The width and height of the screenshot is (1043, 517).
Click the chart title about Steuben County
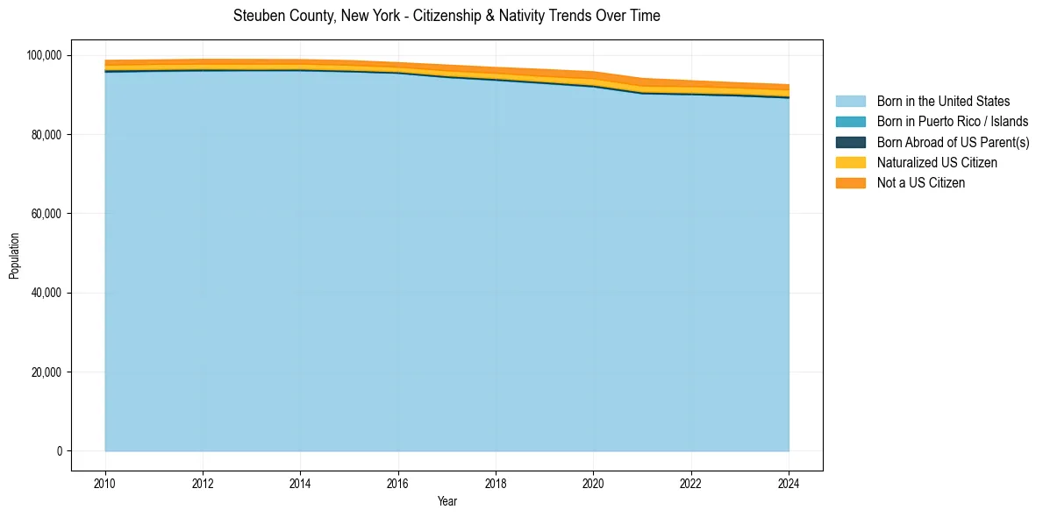tap(446, 16)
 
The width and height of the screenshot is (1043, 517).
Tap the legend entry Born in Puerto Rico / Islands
tap(953, 122)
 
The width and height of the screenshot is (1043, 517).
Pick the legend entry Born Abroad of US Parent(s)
tap(953, 142)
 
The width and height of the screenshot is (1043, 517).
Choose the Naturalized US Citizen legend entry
tap(937, 163)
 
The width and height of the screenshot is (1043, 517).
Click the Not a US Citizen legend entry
tap(921, 183)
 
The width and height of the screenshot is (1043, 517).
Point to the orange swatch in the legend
tap(850, 183)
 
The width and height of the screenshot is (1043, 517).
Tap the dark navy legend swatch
tap(850, 142)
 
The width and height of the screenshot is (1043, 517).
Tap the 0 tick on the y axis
tap(60, 451)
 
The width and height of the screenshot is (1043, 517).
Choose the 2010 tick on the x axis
tap(105, 483)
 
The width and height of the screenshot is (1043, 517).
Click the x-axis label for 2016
tap(398, 483)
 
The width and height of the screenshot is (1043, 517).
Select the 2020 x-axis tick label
tap(594, 483)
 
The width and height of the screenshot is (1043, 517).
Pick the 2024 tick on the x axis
tap(789, 483)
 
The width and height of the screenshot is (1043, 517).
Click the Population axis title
tap(14, 256)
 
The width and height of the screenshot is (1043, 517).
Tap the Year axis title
tap(446, 502)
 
